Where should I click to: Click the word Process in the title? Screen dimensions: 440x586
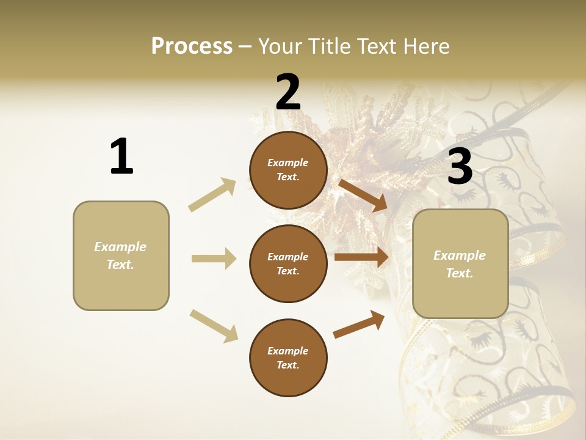point(192,46)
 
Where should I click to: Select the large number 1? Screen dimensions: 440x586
point(121,156)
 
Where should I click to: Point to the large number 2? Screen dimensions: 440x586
point(288,92)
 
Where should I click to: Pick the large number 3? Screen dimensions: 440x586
point(460,166)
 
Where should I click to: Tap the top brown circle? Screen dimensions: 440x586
point(288,170)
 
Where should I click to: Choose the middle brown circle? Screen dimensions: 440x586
point(288,263)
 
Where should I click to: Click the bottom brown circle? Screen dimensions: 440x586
point(288,358)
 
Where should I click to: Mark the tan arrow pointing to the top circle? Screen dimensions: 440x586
point(212,194)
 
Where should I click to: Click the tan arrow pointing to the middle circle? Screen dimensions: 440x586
point(214,258)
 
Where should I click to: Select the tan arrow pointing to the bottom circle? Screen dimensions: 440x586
point(214,325)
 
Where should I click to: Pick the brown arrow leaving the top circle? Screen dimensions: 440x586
point(363,196)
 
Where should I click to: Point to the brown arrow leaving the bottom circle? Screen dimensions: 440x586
point(359,324)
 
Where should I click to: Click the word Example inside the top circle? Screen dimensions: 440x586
point(288,163)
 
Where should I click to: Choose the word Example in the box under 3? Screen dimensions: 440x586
point(460,255)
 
